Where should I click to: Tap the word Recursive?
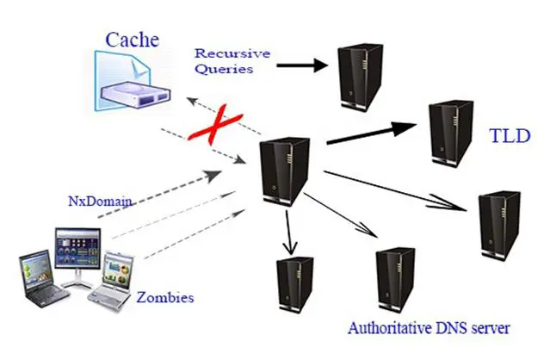click(x=232, y=53)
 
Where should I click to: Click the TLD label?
click(x=510, y=136)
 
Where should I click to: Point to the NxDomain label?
click(x=100, y=201)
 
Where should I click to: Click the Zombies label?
click(x=165, y=298)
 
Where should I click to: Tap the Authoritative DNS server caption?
click(x=429, y=328)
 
